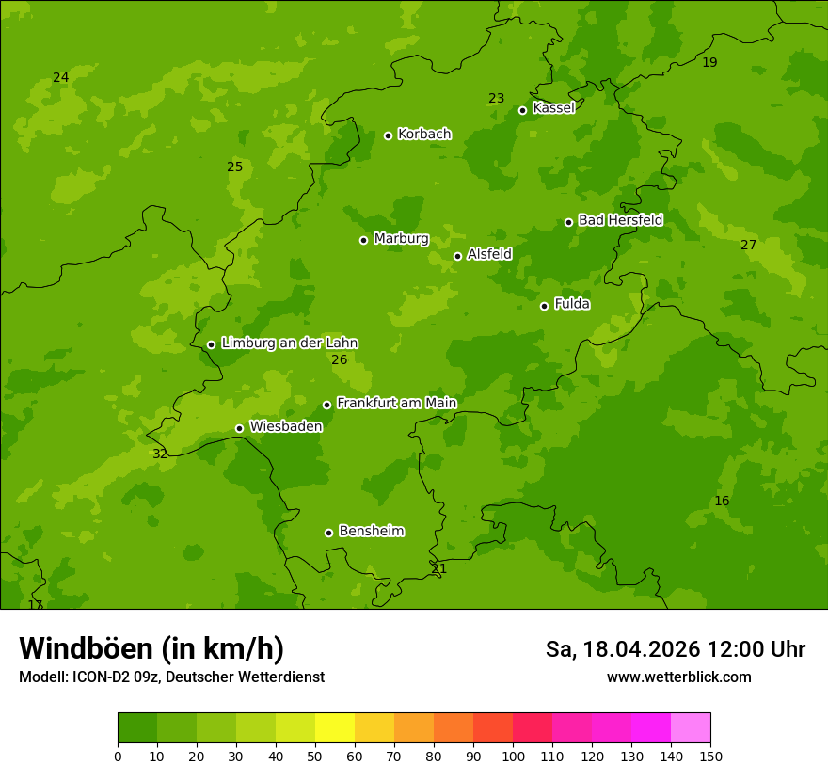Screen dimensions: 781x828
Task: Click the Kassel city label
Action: pyautogui.click(x=553, y=108)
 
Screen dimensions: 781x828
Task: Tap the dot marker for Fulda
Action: pyautogui.click(x=544, y=306)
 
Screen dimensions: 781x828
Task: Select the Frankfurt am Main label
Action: pyautogui.click(x=396, y=403)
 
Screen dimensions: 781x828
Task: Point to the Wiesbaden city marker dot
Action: pyautogui.click(x=239, y=428)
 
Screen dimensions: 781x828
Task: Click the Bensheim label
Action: pyautogui.click(x=371, y=531)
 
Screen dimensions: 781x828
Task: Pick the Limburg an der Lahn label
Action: pyautogui.click(x=289, y=343)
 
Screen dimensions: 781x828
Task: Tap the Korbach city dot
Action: pyautogui.click(x=388, y=135)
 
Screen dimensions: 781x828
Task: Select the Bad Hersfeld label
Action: pyautogui.click(x=620, y=220)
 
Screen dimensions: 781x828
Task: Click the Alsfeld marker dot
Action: pyautogui.click(x=457, y=256)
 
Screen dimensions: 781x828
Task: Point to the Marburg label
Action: pyautogui.click(x=401, y=238)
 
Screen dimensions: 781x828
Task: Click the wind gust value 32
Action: pyautogui.click(x=160, y=454)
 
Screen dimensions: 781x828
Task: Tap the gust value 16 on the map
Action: pyautogui.click(x=722, y=501)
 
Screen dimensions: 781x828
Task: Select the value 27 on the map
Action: pyautogui.click(x=748, y=245)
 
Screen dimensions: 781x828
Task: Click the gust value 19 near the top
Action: pyautogui.click(x=709, y=62)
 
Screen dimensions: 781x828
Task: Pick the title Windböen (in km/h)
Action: pyautogui.click(x=151, y=648)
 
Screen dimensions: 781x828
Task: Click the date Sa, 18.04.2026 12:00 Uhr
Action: pyautogui.click(x=676, y=649)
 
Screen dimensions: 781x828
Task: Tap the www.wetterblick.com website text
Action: pyautogui.click(x=678, y=677)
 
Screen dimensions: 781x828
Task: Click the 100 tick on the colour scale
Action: pyautogui.click(x=513, y=756)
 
